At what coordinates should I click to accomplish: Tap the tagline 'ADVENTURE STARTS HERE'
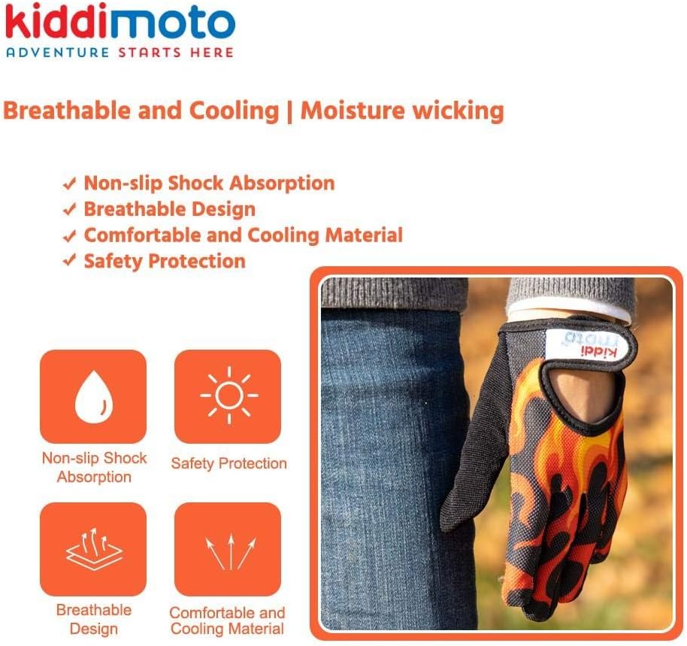119,53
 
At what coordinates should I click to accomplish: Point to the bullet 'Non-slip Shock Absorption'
209,183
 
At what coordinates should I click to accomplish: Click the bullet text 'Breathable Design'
169,209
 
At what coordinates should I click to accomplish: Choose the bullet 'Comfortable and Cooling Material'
243,235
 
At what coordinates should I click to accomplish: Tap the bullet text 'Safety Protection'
165,261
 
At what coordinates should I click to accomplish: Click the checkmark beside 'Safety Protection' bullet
70,262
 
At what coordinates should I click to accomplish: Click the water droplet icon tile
93,396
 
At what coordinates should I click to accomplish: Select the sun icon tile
228,396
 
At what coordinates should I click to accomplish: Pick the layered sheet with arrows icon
93,549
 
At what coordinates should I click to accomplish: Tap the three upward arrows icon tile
228,549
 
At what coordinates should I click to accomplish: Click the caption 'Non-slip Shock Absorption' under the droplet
94,467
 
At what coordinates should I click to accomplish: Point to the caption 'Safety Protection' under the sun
228,463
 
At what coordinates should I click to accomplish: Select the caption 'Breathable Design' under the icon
94,619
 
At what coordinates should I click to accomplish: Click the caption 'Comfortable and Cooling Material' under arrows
228,621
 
